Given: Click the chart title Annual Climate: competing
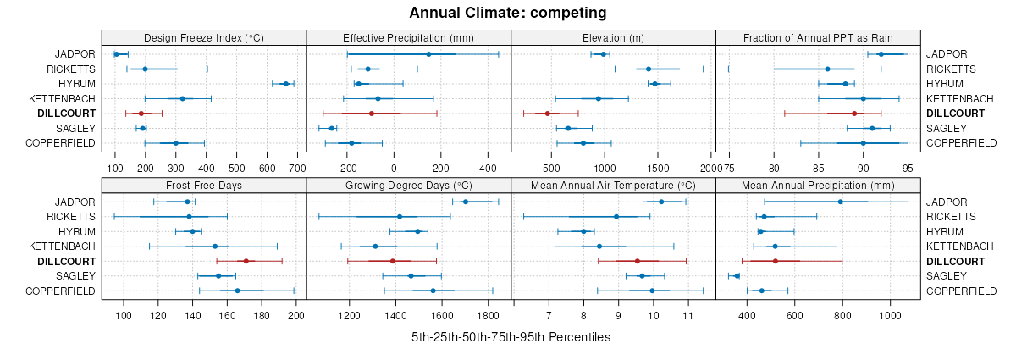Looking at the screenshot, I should pyautogui.click(x=507, y=13).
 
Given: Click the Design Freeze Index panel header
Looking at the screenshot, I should pyautogui.click(x=204, y=37).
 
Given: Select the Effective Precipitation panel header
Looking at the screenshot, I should pyautogui.click(x=408, y=37).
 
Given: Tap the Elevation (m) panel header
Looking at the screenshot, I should pyautogui.click(x=614, y=37).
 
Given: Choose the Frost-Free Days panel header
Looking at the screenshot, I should pyautogui.click(x=204, y=186).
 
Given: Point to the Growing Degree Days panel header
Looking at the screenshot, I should pyautogui.click(x=408, y=186).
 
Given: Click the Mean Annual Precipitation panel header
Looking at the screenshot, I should pyautogui.click(x=818, y=186).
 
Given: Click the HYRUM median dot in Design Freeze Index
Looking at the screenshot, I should pyautogui.click(x=285, y=84).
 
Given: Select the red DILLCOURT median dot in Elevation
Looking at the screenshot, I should pyautogui.click(x=548, y=114).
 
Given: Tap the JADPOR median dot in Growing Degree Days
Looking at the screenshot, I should pyautogui.click(x=465, y=202).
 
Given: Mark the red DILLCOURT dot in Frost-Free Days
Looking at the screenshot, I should pyautogui.click(x=246, y=261).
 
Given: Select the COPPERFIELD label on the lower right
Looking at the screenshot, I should pyautogui.click(x=962, y=291).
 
